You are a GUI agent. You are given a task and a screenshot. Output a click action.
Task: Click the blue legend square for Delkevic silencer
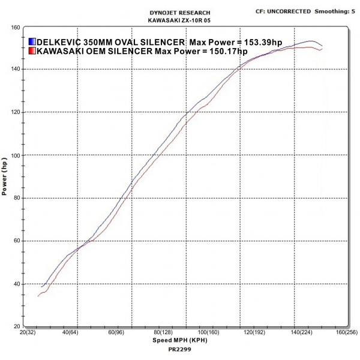point(32,42)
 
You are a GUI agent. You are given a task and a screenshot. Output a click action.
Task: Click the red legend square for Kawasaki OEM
point(32,52)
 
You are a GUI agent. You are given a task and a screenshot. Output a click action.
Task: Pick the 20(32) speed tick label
point(28,332)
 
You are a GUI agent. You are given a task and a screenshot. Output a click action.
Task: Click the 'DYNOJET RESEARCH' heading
point(179,13)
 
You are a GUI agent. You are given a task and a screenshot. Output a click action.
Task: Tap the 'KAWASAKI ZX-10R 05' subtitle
point(179,20)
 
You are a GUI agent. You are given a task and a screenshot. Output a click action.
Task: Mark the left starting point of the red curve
point(38,296)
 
